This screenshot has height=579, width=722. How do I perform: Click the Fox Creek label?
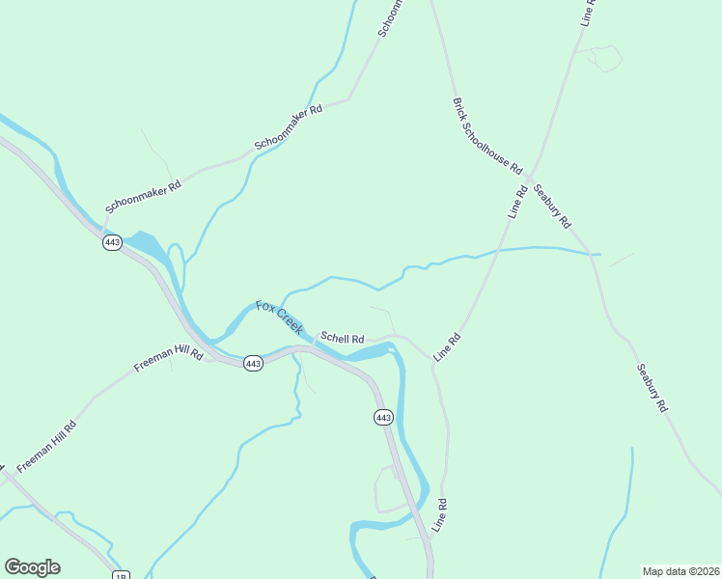280,318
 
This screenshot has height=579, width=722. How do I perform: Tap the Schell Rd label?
342,339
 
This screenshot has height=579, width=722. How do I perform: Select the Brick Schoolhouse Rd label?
486,134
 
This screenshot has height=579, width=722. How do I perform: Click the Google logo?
32,567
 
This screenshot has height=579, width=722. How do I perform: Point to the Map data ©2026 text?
680,570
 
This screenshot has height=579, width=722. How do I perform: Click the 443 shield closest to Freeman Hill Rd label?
253,364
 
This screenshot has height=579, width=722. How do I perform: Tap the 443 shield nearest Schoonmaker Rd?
112,242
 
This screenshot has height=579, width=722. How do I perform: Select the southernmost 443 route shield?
383,417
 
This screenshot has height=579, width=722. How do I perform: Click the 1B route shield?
121,576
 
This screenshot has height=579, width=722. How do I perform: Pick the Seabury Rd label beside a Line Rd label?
551,205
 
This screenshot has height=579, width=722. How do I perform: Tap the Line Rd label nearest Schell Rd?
448,347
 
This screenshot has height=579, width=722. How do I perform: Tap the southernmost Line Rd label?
441,516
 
